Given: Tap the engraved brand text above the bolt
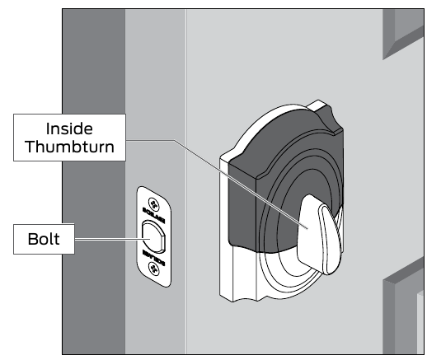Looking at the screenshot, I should [x=154, y=219].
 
